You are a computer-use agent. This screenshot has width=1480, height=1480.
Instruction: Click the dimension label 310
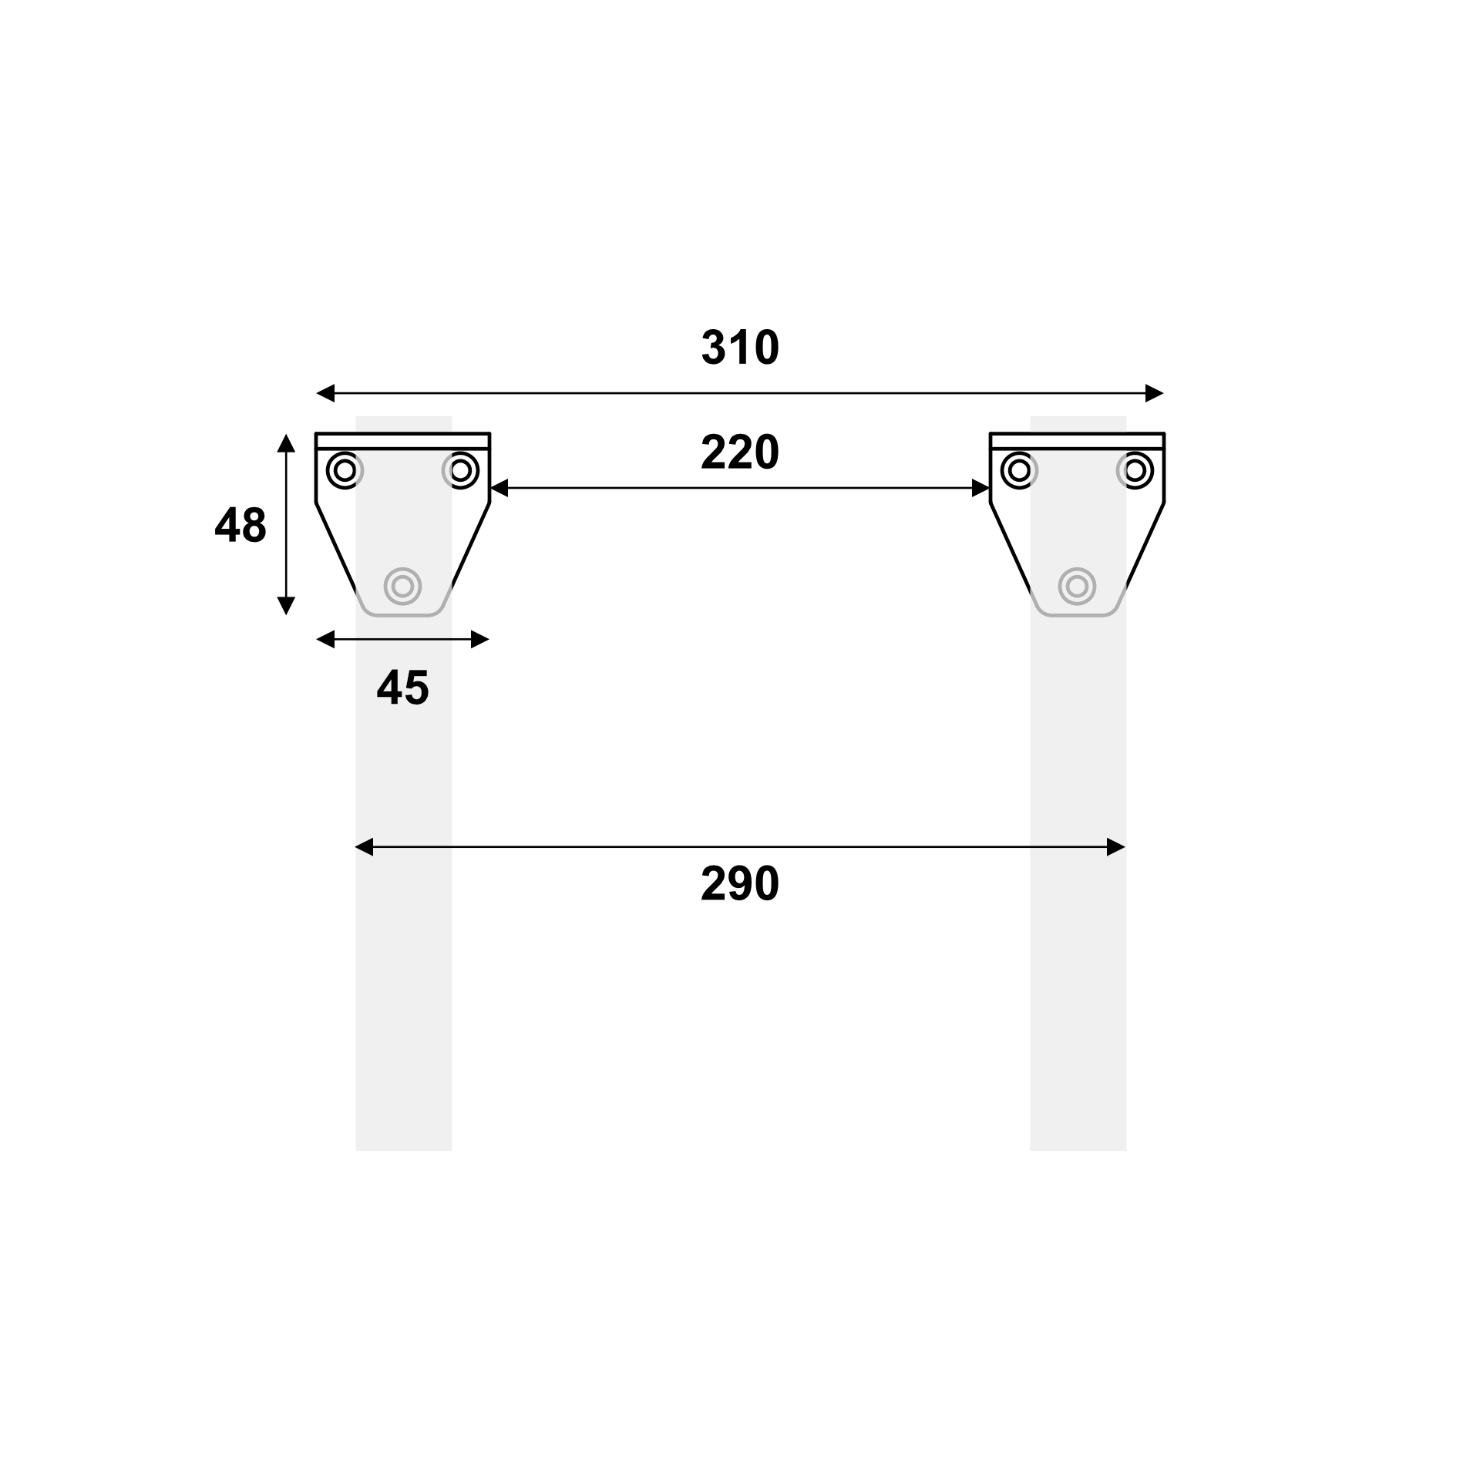pyautogui.click(x=740, y=348)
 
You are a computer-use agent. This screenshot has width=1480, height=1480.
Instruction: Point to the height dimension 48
pyautogui.click(x=240, y=526)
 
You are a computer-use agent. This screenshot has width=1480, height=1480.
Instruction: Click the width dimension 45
pyautogui.click(x=402, y=688)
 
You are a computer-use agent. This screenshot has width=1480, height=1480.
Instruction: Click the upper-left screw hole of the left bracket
pyautogui.click(x=345, y=469)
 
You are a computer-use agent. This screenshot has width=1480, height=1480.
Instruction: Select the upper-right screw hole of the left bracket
pyautogui.click(x=461, y=469)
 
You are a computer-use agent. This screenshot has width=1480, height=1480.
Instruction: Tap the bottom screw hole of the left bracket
pyautogui.click(x=402, y=587)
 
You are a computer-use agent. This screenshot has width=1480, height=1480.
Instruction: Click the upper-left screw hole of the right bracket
pyautogui.click(x=1019, y=469)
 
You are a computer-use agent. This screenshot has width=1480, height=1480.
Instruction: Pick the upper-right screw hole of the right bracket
pyautogui.click(x=1135, y=469)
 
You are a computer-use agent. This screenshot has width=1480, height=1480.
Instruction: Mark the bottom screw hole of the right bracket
pyautogui.click(x=1077, y=587)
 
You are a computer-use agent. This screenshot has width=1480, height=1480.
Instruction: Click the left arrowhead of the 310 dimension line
pyautogui.click(x=325, y=393)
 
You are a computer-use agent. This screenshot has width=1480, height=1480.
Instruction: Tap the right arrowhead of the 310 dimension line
pyautogui.click(x=1155, y=393)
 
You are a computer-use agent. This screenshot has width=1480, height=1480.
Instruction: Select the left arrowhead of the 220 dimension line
pyautogui.click(x=499, y=488)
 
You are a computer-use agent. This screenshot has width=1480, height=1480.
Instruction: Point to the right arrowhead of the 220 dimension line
pyautogui.click(x=980, y=488)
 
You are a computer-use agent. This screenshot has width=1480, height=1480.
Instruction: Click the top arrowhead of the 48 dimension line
pyautogui.click(x=286, y=442)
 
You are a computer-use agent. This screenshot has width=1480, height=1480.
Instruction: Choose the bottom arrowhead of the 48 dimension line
pyautogui.click(x=286, y=606)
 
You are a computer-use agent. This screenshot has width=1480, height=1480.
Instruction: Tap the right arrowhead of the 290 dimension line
pyautogui.click(x=1116, y=848)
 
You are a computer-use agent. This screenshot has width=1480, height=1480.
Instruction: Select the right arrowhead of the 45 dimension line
pyautogui.click(x=480, y=639)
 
